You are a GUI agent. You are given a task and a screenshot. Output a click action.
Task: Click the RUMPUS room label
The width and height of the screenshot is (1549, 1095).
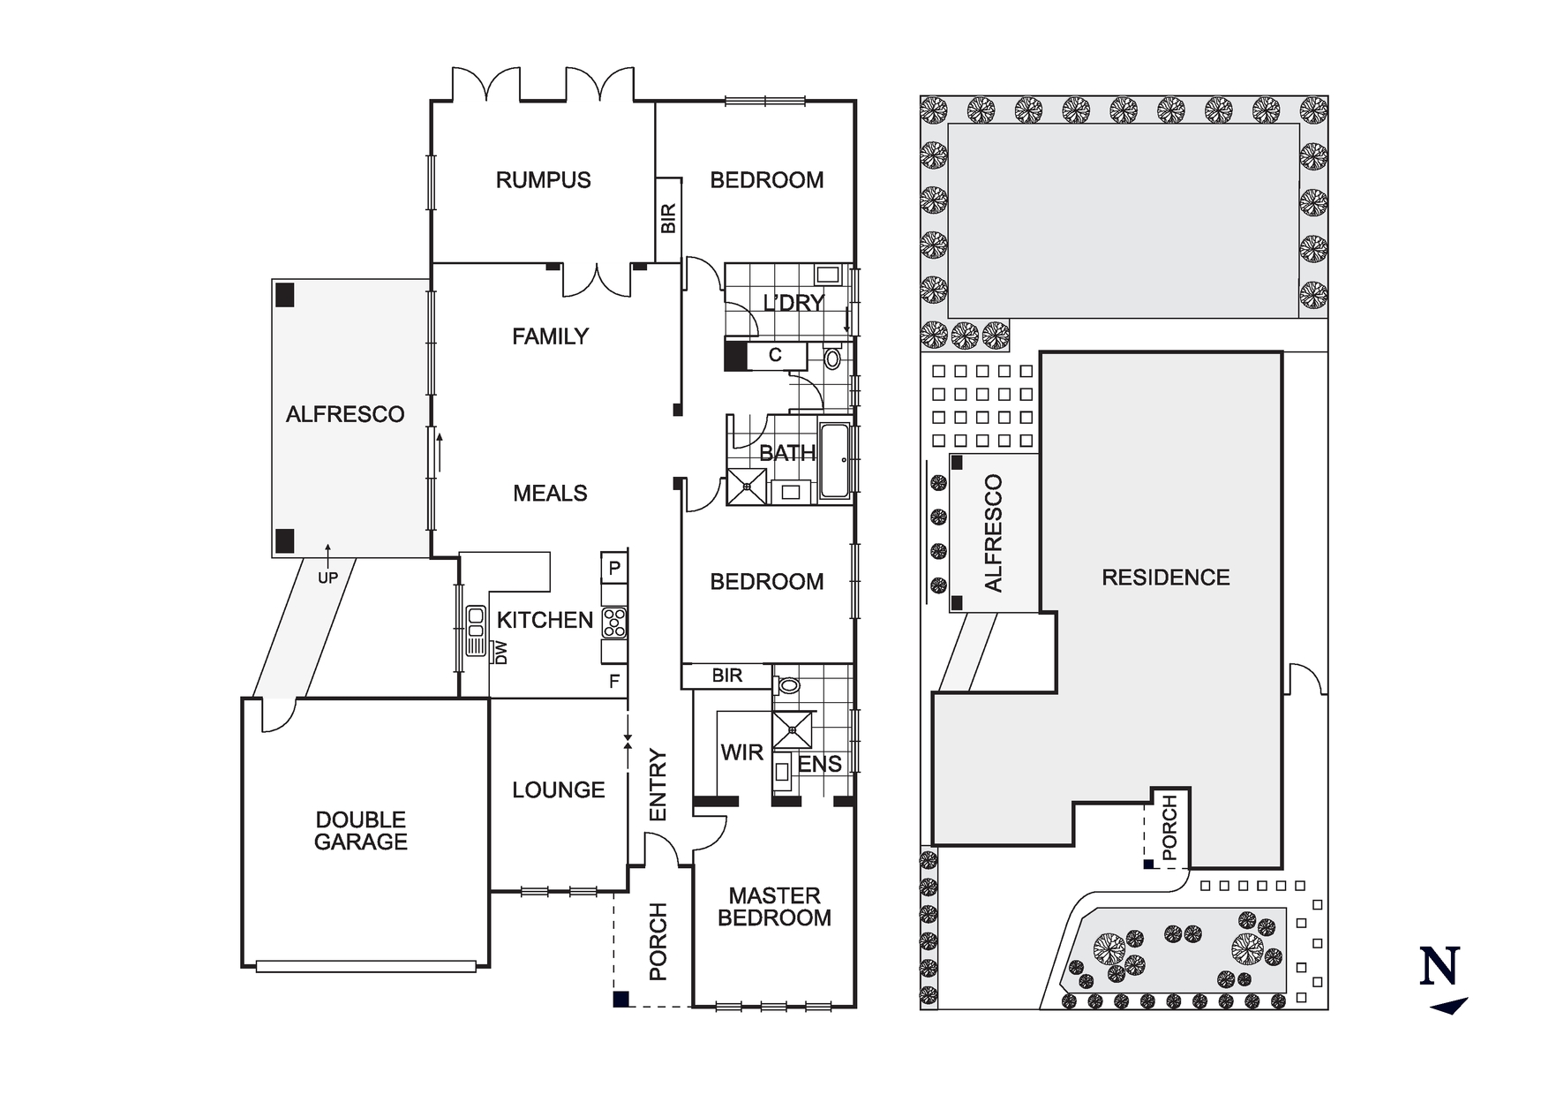click(543, 180)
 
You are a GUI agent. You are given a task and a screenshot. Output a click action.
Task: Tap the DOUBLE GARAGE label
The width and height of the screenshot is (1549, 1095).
click(360, 831)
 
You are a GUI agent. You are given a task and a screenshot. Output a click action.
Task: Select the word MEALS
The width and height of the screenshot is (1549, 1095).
click(550, 494)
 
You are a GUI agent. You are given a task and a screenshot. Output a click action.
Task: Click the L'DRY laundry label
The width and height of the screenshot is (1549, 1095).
click(793, 303)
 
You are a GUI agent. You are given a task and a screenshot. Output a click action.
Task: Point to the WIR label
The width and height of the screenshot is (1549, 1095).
click(741, 753)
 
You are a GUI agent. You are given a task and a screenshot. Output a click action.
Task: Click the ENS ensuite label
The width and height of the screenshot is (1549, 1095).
click(820, 765)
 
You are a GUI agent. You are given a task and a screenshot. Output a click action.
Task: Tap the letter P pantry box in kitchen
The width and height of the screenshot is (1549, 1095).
click(614, 568)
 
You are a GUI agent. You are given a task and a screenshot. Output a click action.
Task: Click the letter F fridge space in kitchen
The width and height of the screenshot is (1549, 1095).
click(614, 682)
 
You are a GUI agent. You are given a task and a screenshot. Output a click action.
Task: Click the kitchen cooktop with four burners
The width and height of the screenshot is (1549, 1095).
click(614, 623)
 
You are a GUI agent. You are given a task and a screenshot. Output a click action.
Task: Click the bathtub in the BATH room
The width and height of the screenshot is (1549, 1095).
click(834, 460)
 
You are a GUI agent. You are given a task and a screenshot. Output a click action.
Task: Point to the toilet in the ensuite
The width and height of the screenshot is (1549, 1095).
click(788, 685)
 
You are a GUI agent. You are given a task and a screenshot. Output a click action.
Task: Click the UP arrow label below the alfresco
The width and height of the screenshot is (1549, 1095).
click(327, 578)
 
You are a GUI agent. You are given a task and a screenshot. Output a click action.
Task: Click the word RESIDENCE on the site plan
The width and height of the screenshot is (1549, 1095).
click(1165, 578)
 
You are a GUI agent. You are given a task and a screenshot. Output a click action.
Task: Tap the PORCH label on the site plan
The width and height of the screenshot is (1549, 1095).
click(1169, 827)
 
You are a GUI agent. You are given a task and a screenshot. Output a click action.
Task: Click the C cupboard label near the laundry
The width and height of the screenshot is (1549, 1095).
click(775, 355)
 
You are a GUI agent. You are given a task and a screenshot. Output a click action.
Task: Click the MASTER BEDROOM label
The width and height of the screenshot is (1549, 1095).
click(774, 907)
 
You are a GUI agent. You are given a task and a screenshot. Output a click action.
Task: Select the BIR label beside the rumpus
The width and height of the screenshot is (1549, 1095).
click(668, 218)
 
